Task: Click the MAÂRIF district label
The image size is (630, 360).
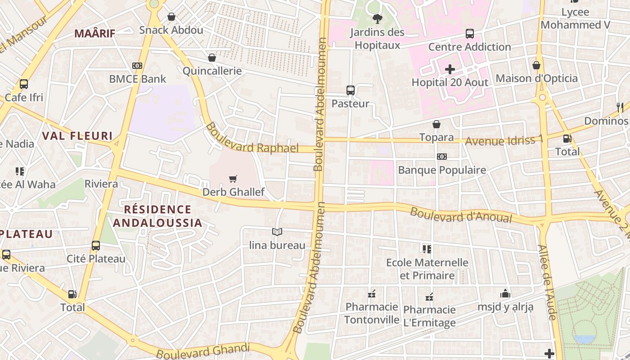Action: [x=94, y=33]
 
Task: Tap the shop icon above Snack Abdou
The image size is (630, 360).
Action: [x=171, y=17]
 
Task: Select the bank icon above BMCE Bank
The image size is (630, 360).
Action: [x=137, y=66]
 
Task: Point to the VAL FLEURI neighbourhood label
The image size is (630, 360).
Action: [x=77, y=136]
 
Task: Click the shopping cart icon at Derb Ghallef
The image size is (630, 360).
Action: [x=233, y=179]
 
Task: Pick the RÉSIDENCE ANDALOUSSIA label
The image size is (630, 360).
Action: [x=157, y=216]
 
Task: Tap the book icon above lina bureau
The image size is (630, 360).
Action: [x=277, y=232]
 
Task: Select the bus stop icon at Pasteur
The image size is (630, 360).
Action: [x=351, y=90]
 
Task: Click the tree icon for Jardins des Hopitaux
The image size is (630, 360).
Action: [x=377, y=19]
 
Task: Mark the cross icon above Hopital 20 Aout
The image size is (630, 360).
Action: [x=450, y=69]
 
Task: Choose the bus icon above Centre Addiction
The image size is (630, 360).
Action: [x=469, y=34]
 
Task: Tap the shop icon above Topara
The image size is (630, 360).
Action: [x=436, y=124]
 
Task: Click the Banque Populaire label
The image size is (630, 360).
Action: [x=442, y=170]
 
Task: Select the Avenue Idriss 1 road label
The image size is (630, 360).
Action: [x=504, y=140]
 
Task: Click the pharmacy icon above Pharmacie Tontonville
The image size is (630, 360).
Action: [x=372, y=294]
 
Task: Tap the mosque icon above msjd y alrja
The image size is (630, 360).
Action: [x=505, y=293]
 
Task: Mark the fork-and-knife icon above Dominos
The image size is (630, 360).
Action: [x=620, y=107]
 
